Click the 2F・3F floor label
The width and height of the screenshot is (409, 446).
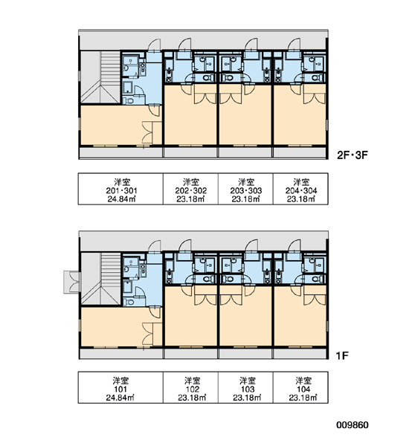(x=352, y=155)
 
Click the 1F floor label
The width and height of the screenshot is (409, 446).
(x=342, y=355)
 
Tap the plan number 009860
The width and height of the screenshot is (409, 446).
(x=352, y=425)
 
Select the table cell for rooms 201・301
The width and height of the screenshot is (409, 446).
(x=120, y=189)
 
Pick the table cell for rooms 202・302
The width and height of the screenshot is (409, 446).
(x=190, y=189)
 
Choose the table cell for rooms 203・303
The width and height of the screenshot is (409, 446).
(x=245, y=189)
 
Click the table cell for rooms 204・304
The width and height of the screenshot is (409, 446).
(x=300, y=189)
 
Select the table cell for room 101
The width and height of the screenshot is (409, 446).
(x=120, y=387)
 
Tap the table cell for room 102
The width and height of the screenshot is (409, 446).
(x=190, y=387)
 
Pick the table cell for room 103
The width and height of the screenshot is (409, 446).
(x=245, y=387)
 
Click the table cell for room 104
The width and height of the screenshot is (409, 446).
(x=300, y=387)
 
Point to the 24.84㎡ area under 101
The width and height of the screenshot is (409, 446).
(x=120, y=398)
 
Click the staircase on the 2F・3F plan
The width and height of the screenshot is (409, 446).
(x=100, y=77)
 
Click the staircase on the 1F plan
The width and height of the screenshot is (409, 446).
(x=100, y=279)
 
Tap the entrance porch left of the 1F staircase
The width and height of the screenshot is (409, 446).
(x=72, y=282)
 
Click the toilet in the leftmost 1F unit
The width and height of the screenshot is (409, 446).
(x=129, y=302)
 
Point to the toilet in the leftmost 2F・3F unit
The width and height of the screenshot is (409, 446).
(x=129, y=100)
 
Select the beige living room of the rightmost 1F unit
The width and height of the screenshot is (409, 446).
(x=300, y=316)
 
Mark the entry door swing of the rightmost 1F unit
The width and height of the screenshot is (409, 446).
(x=294, y=245)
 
